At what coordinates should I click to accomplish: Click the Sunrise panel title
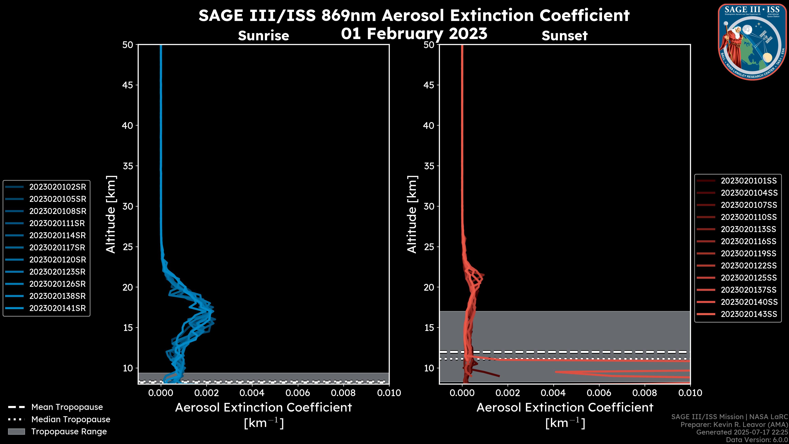click(263, 36)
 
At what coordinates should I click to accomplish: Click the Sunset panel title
click(564, 36)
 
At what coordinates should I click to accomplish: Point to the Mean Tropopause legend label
click(67, 407)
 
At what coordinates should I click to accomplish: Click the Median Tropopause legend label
click(71, 420)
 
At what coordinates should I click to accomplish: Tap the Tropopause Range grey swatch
click(16, 431)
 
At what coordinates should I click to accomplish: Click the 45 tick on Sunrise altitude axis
click(128, 85)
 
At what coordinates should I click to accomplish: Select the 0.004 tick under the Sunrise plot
click(252, 393)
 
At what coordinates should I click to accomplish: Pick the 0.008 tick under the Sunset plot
click(645, 393)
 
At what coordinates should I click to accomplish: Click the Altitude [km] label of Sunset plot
click(412, 214)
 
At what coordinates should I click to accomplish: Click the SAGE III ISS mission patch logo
click(751, 42)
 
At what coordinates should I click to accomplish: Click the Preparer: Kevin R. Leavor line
click(734, 425)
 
